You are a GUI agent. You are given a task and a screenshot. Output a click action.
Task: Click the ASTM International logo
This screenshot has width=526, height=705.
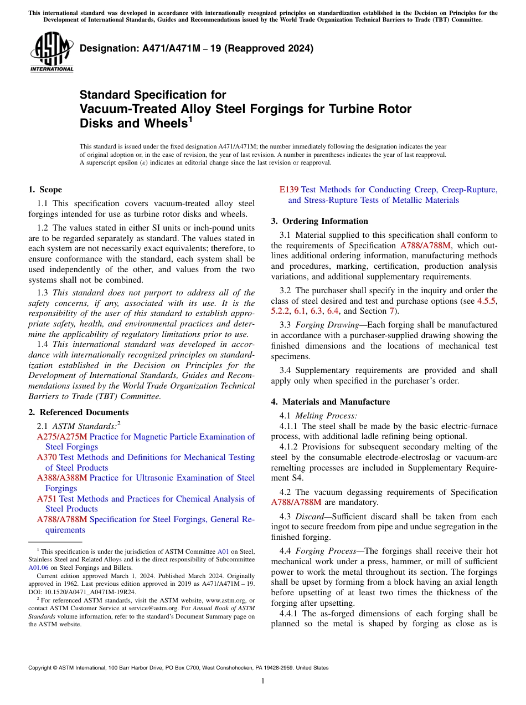coord(51,52)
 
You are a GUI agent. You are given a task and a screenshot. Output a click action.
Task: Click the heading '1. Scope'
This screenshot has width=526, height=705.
coord(45,190)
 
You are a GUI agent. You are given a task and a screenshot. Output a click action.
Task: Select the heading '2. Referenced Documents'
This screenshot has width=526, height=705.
coord(78,412)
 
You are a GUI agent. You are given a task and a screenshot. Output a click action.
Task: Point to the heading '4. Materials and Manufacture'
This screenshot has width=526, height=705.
coord(330,402)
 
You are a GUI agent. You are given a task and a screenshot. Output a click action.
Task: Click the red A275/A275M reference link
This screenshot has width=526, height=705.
coord(62,437)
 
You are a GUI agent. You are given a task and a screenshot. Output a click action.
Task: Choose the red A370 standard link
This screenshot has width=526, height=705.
coord(47,457)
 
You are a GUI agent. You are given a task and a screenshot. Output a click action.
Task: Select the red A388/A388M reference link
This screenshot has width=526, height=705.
coord(62,478)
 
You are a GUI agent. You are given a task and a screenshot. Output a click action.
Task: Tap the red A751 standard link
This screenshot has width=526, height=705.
coord(47,499)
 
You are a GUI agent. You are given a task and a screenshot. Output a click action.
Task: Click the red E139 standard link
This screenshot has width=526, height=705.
coord(290,190)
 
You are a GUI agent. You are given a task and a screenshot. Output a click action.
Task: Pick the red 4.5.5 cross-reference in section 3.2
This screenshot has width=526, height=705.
coord(487,301)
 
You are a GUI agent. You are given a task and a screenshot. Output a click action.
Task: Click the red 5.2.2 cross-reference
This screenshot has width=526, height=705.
coord(281,311)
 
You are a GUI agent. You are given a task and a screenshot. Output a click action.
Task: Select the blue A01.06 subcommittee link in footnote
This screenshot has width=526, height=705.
coord(38,568)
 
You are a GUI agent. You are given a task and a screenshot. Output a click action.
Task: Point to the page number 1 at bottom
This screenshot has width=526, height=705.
coord(263,681)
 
